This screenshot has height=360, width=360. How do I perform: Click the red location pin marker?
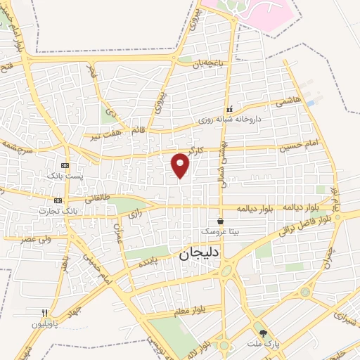coord(181,165)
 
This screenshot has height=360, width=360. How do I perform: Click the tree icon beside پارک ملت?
coord(264,333)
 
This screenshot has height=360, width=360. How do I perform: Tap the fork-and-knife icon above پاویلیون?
coord(45,314)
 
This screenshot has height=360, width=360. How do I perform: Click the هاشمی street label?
coord(287,101)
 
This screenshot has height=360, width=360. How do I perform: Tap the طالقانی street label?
coord(98,199)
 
